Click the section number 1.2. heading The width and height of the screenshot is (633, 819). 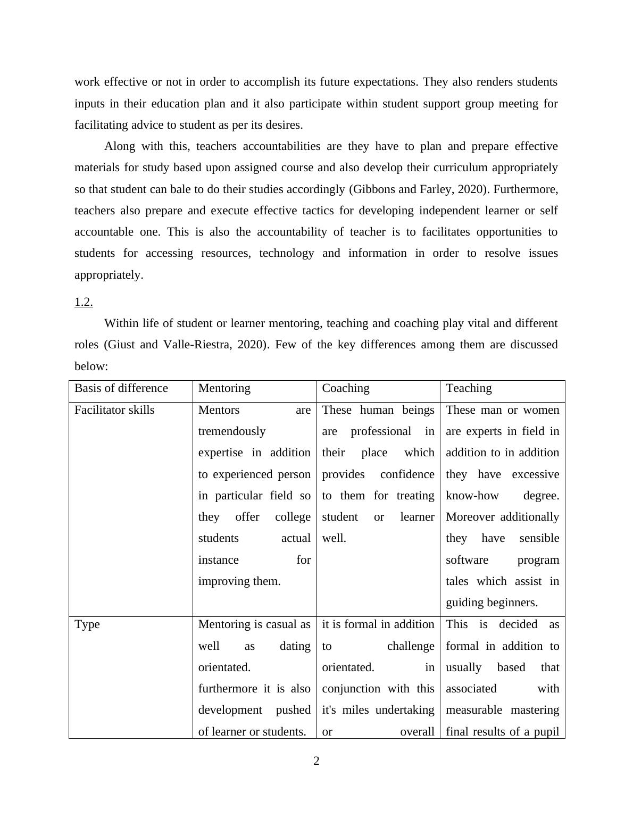84,302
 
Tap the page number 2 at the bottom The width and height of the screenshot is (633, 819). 316,761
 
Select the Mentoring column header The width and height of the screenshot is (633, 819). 224,388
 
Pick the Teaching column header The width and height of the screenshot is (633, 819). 469,388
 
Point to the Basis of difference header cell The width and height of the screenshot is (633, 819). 121,388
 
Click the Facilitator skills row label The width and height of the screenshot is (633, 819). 114,410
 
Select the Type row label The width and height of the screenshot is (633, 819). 87,624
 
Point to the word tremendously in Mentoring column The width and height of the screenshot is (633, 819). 232,431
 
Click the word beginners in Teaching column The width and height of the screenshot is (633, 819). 511,603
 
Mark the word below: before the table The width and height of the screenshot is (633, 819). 91,366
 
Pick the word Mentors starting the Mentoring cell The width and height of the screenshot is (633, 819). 219,410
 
